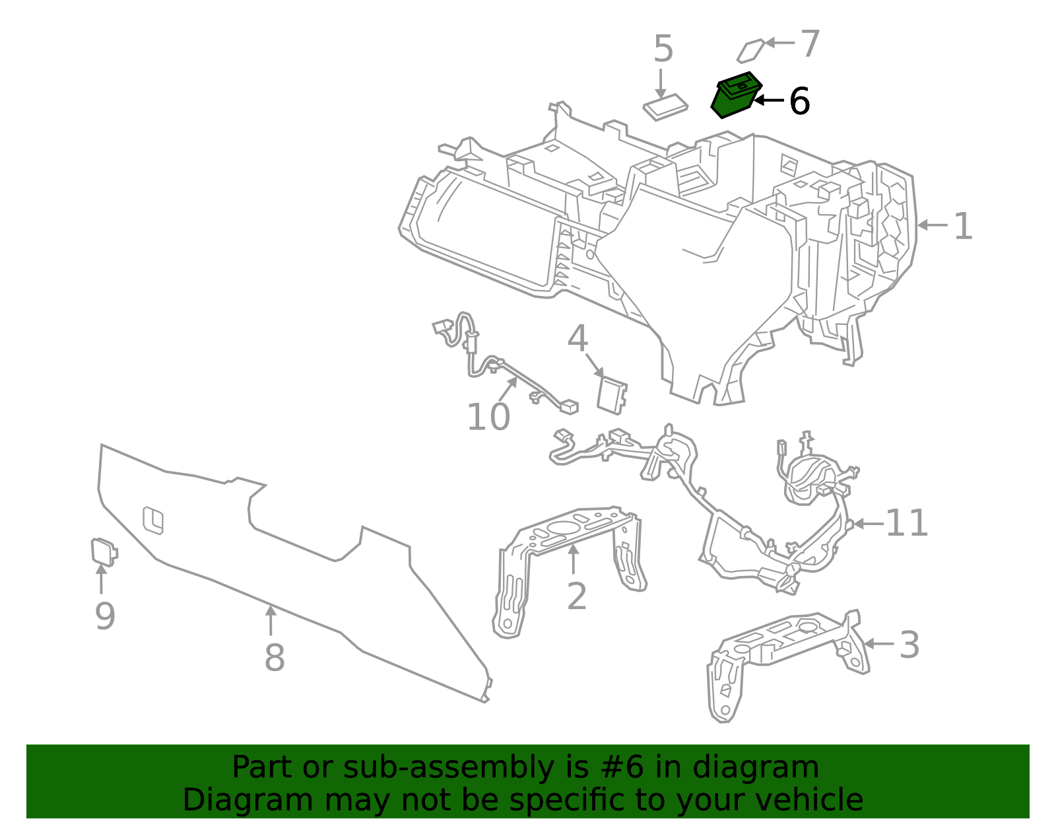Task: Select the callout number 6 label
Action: [799, 102]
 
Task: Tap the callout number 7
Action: [810, 44]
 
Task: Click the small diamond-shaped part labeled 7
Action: [750, 51]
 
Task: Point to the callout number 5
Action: [663, 50]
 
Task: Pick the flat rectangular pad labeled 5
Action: [665, 106]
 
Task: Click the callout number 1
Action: [963, 227]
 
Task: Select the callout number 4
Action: [577, 339]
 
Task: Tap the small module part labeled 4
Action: [611, 395]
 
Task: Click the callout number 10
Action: [488, 417]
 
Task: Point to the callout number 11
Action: [906, 523]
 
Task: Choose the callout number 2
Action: [576, 596]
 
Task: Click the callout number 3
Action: [909, 645]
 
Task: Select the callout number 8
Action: [274, 658]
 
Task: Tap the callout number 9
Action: [105, 616]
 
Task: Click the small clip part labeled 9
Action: [103, 552]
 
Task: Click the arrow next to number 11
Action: [867, 524]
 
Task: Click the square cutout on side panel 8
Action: [153, 520]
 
